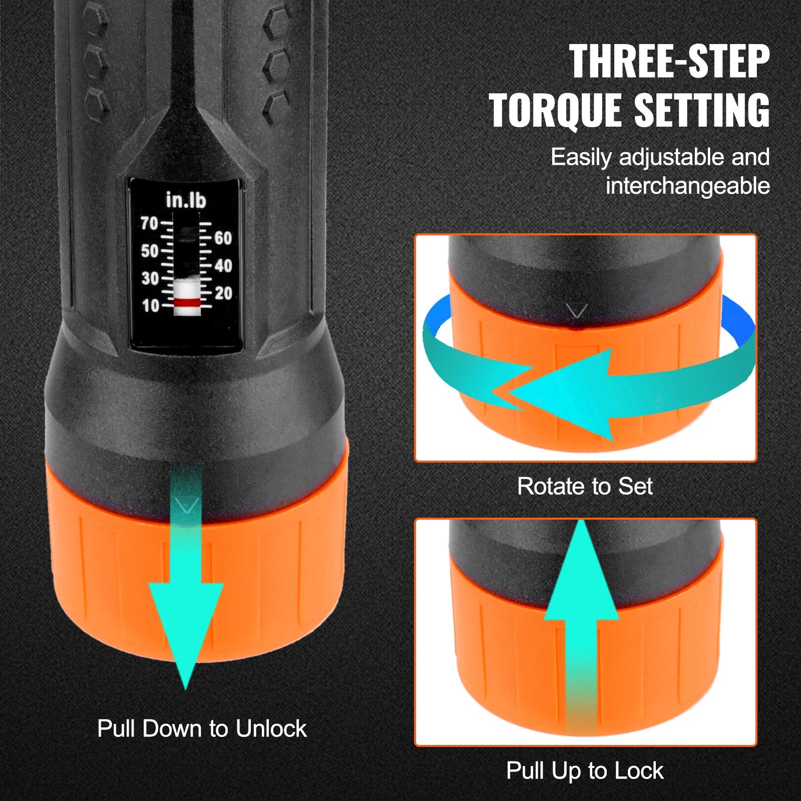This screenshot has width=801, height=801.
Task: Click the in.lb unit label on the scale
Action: (186, 201)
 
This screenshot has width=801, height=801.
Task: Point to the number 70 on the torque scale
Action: (149, 223)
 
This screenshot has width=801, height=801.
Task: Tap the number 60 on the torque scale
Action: (223, 238)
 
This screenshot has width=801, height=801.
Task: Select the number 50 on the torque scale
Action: (149, 251)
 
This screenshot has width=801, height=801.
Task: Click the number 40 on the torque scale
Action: (223, 266)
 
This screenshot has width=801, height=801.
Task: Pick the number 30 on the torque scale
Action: (149, 278)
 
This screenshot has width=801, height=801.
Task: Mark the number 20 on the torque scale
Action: (223, 293)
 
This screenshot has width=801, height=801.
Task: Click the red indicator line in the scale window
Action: (186, 303)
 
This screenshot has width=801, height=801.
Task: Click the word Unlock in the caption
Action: (271, 729)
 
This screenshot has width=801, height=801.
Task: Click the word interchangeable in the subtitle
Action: (687, 186)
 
